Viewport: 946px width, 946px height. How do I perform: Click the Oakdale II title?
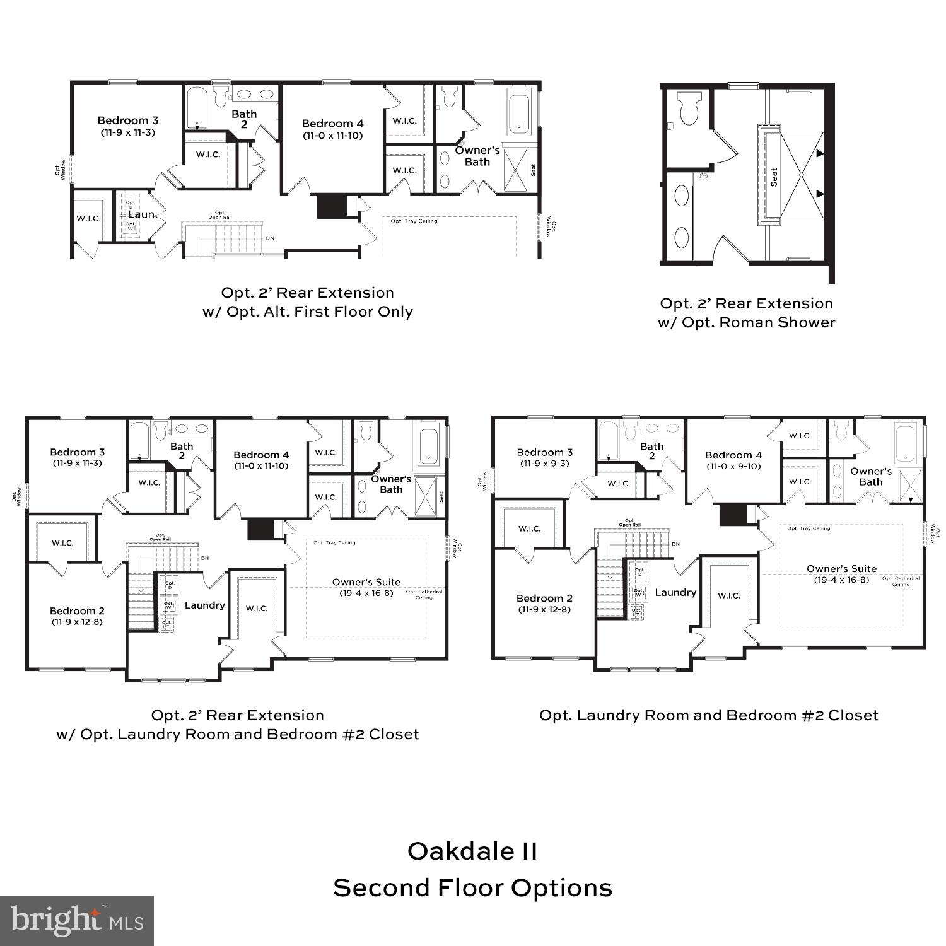(x=472, y=851)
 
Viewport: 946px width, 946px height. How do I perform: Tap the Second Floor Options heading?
(x=472, y=887)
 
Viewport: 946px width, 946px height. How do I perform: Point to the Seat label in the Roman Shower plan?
(x=774, y=177)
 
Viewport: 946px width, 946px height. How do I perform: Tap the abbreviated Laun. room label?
(x=143, y=214)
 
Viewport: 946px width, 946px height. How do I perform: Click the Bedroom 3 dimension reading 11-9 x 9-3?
(x=544, y=463)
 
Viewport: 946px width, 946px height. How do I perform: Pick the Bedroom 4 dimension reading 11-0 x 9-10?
(x=733, y=466)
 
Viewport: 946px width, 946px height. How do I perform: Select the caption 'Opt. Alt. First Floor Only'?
(x=307, y=312)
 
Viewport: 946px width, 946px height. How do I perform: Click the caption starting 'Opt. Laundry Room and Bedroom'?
(x=708, y=715)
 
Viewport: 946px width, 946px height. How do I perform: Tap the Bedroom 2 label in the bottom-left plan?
(x=77, y=610)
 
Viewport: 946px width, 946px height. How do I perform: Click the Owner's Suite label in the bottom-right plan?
(x=841, y=569)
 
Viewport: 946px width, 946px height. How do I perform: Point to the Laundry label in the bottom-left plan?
(x=204, y=605)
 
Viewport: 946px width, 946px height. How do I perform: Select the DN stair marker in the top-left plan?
(x=270, y=238)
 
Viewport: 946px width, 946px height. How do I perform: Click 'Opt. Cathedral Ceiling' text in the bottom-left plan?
(x=424, y=594)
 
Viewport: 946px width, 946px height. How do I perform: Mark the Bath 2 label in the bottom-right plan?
(x=651, y=451)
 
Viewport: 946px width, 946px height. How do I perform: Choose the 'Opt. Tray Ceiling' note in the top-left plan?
(x=414, y=221)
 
